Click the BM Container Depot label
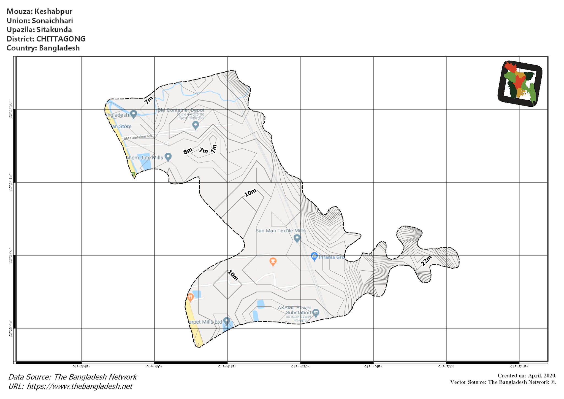coord(181,110)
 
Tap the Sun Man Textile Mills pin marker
coord(297,238)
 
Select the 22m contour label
coord(426,261)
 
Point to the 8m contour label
coord(188,151)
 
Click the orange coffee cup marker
coord(273,261)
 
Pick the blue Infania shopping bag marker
coord(314,256)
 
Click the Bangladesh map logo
coord(520,83)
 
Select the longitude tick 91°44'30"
coord(300,367)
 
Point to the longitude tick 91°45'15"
coord(519,367)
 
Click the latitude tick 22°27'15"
coord(10,182)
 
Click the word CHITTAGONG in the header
coord(61,39)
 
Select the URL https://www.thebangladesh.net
coord(80,386)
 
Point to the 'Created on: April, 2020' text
coord(527,376)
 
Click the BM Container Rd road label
coord(138,137)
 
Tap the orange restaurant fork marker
coord(190,297)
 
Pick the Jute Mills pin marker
coord(168,157)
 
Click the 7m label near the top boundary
coord(149,100)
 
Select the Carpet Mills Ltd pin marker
coord(227,321)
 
